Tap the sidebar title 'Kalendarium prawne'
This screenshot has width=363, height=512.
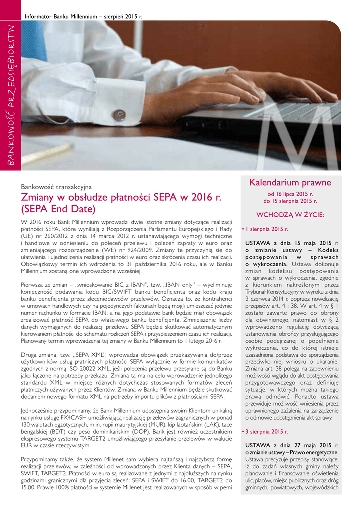click(x=290, y=183)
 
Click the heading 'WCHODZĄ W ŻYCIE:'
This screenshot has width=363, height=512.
click(x=290, y=215)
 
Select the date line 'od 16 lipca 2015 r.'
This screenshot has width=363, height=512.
click(x=290, y=194)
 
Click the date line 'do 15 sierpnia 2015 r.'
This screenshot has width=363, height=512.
click(x=290, y=201)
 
